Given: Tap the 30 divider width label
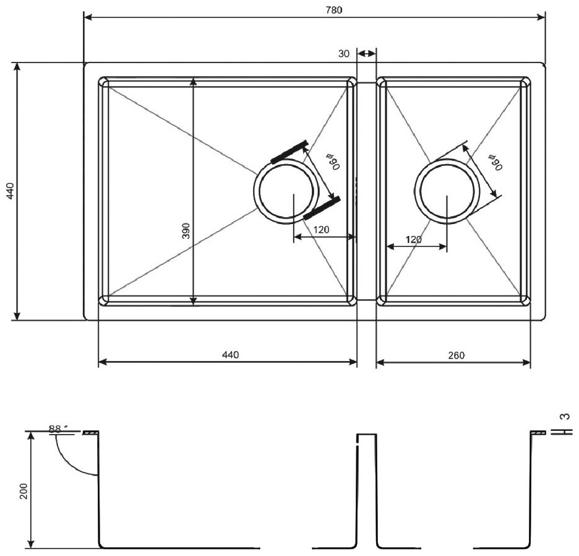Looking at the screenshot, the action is click(x=344, y=54).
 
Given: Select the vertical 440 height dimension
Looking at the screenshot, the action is click(x=9, y=191).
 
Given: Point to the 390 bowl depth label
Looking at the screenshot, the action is click(x=186, y=230).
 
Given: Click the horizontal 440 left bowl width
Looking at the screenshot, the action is click(x=229, y=355).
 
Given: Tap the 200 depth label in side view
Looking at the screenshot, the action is click(x=24, y=491).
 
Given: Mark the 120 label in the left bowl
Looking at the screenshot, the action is click(x=321, y=230).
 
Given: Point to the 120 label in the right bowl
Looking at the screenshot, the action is click(x=414, y=240).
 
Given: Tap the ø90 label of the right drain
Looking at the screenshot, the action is click(x=494, y=162).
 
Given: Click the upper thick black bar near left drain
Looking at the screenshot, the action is click(x=289, y=152).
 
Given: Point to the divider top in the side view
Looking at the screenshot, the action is click(x=366, y=435).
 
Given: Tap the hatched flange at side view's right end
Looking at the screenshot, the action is click(x=538, y=433).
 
